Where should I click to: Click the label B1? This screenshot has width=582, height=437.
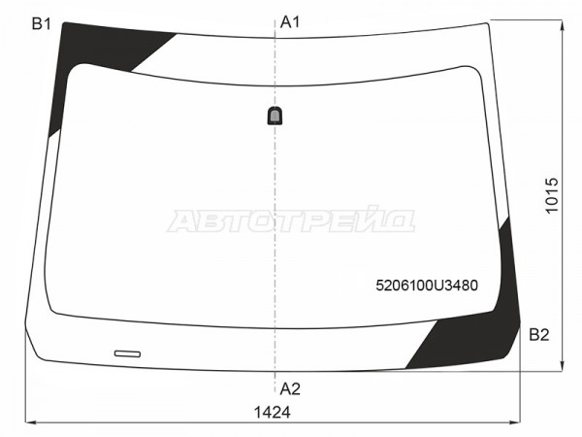click(x=41, y=24)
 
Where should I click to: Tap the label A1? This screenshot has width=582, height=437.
click(x=290, y=22)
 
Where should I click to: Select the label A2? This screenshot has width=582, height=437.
click(x=290, y=389)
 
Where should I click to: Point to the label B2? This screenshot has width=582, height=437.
click(x=539, y=335)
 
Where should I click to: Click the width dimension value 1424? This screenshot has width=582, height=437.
click(x=273, y=413)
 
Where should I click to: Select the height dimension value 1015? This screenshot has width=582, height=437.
click(x=552, y=195)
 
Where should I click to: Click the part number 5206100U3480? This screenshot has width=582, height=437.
click(x=427, y=286)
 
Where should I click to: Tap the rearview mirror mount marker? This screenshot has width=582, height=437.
click(x=275, y=116)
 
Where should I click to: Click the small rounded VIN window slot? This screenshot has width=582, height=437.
click(x=127, y=353)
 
